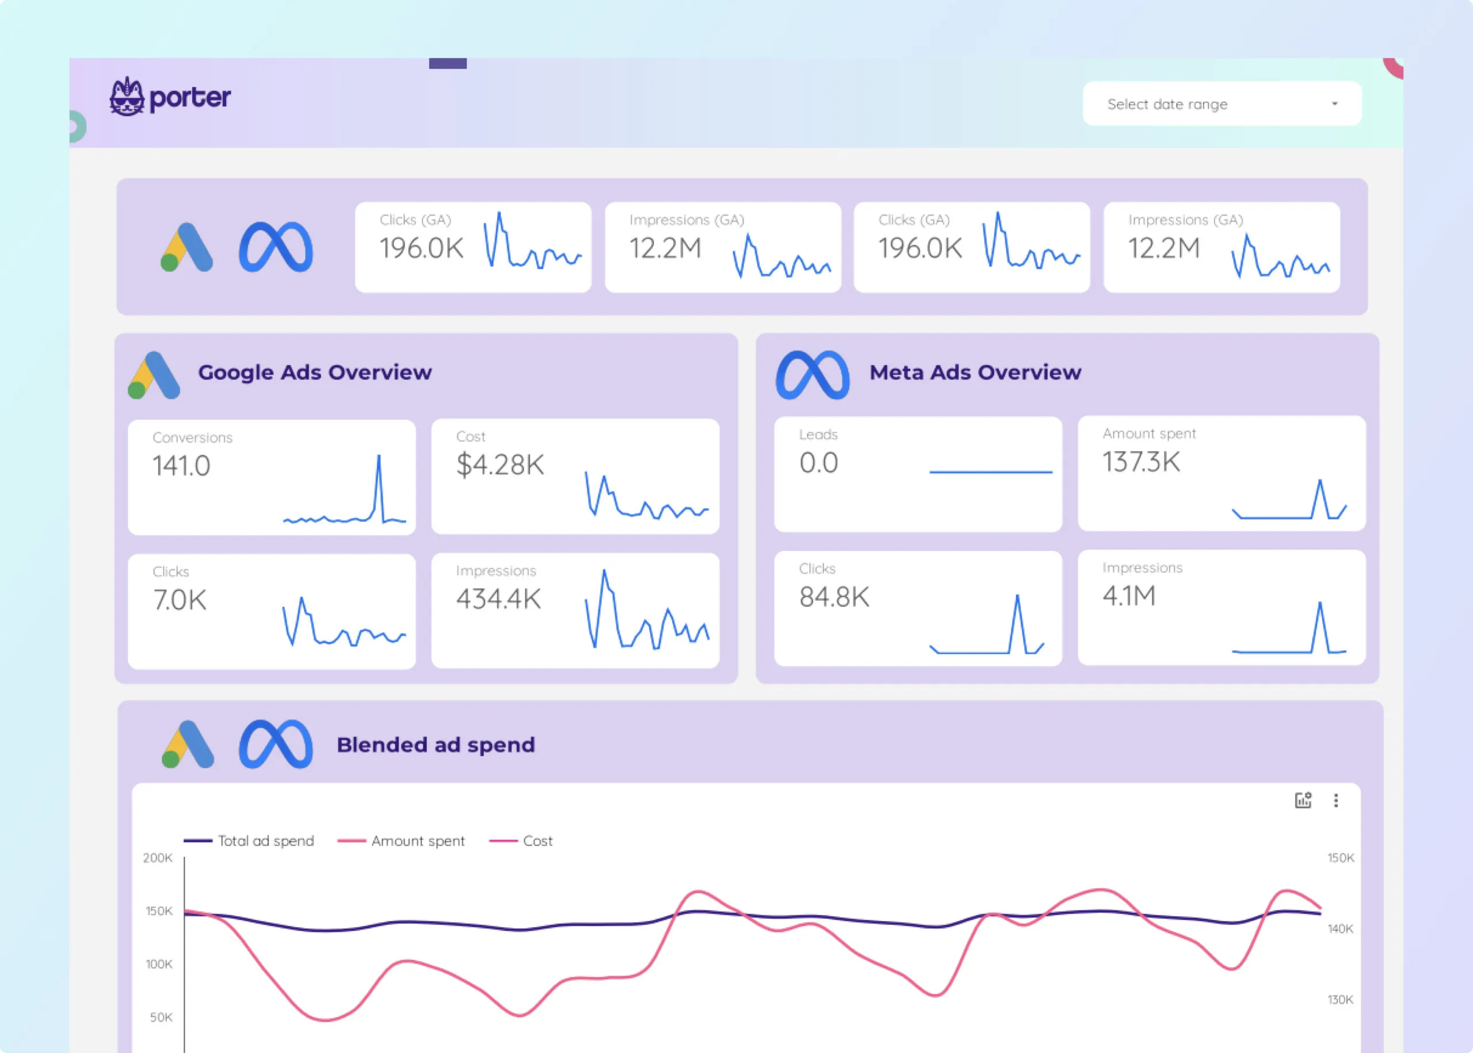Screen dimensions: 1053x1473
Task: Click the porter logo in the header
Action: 170,97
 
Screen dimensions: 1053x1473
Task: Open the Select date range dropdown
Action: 1222,104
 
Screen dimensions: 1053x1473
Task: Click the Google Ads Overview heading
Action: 315,372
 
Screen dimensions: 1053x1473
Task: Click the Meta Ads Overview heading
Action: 975,372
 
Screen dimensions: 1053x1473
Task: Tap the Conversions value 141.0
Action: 182,466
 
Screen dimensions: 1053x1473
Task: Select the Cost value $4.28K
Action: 500,465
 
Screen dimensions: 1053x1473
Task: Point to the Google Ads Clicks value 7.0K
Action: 180,600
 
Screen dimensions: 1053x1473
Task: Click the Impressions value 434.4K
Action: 498,599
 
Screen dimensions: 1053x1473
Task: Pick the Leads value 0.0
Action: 819,463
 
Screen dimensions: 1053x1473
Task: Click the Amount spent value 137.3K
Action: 1141,462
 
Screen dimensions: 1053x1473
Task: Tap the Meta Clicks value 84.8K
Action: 834,597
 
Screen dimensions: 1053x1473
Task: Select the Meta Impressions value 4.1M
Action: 1129,596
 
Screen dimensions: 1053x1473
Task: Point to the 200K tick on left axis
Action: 158,858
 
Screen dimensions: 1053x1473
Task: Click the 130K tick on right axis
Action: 1340,999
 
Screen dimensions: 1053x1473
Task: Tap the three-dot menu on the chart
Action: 1335,801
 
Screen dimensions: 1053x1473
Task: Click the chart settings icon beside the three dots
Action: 1303,801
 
